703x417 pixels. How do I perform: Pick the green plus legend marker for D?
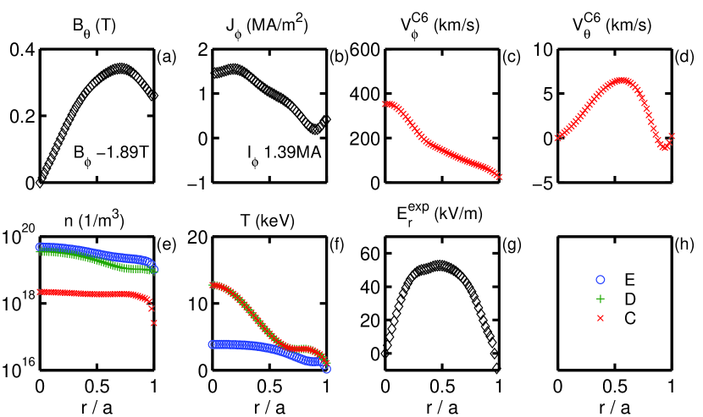tap(601, 299)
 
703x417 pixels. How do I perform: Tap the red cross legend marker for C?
tap(601, 317)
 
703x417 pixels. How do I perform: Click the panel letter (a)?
tap(165, 58)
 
